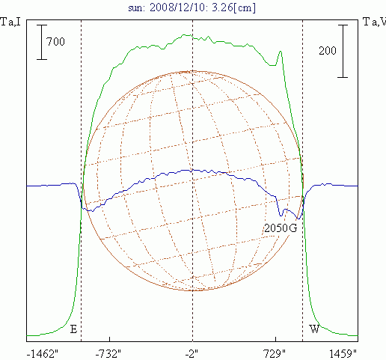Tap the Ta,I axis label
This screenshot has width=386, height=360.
click(x=10, y=22)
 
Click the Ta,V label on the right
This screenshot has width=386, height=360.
click(x=374, y=22)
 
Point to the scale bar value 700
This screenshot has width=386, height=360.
click(x=55, y=41)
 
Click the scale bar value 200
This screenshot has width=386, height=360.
click(x=328, y=51)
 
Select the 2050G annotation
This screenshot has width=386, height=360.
click(x=281, y=228)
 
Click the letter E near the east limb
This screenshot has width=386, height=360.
click(x=73, y=329)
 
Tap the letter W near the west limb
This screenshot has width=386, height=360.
click(x=314, y=329)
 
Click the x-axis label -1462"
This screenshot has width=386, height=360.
click(x=43, y=353)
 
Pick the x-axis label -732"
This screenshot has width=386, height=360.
click(x=108, y=353)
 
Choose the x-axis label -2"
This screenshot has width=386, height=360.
click(x=192, y=353)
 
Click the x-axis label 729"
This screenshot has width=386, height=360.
click(x=275, y=353)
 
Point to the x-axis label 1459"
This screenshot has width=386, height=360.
click(x=343, y=353)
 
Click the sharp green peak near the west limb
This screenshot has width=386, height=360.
click(x=281, y=52)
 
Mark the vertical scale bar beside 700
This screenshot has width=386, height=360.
click(x=42, y=42)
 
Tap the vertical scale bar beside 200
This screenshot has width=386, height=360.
click(x=343, y=51)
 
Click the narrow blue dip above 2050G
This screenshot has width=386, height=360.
click(x=281, y=216)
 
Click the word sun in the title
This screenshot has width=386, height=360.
click(x=136, y=8)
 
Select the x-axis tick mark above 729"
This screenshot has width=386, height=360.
click(x=275, y=339)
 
